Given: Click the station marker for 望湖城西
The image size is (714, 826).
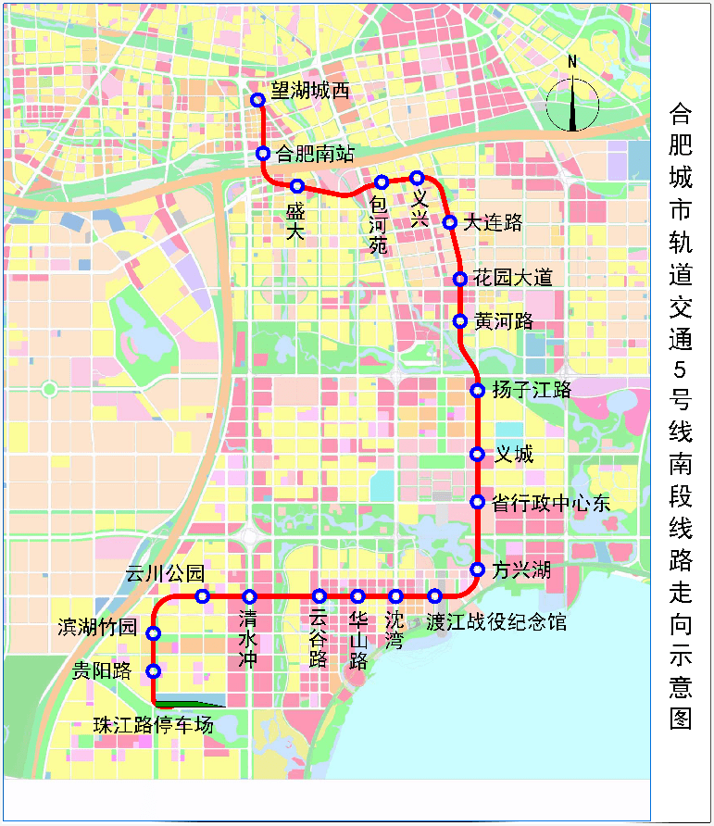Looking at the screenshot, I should (258, 100).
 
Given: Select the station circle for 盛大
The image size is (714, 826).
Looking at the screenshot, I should (297, 186).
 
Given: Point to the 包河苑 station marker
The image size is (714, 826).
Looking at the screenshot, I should (381, 182).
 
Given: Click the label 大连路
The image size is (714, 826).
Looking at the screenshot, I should (494, 222).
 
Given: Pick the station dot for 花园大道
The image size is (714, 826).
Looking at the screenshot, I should (460, 279).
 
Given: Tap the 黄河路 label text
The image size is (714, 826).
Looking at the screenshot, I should (504, 321).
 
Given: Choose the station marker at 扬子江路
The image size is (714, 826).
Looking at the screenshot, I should (478, 391).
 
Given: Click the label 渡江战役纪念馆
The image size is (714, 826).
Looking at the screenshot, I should (496, 621).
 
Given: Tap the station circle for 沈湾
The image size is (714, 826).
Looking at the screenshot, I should (395, 596).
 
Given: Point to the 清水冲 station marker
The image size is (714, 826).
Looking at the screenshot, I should (249, 596).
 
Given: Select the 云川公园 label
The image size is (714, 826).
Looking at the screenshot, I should (165, 574).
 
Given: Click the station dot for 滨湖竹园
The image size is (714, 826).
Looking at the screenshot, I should (154, 633).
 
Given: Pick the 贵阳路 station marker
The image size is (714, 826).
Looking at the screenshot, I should (154, 671).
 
